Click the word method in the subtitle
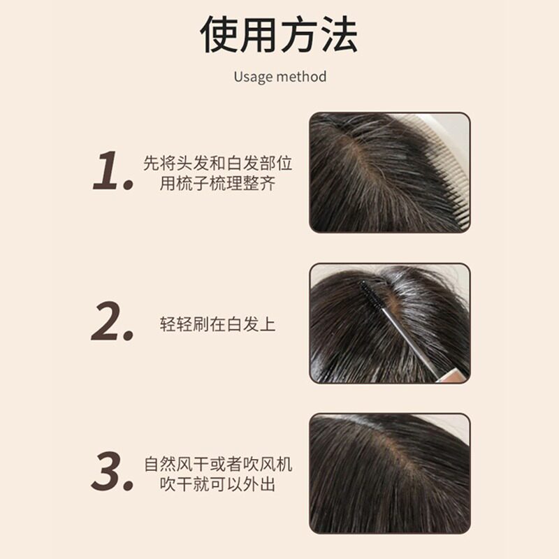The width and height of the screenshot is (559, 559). click(x=301, y=76)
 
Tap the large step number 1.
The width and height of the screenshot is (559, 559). click(x=112, y=172)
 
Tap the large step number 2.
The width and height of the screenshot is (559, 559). click(x=112, y=322)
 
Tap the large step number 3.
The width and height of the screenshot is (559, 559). click(x=112, y=472)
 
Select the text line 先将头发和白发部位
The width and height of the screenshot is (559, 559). click(x=217, y=164)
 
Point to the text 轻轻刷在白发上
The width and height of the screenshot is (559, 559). click(x=217, y=324)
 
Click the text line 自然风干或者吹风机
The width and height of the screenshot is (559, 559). click(x=217, y=464)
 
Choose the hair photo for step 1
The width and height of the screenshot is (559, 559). click(x=389, y=172)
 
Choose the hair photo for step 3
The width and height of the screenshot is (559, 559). click(x=389, y=473)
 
